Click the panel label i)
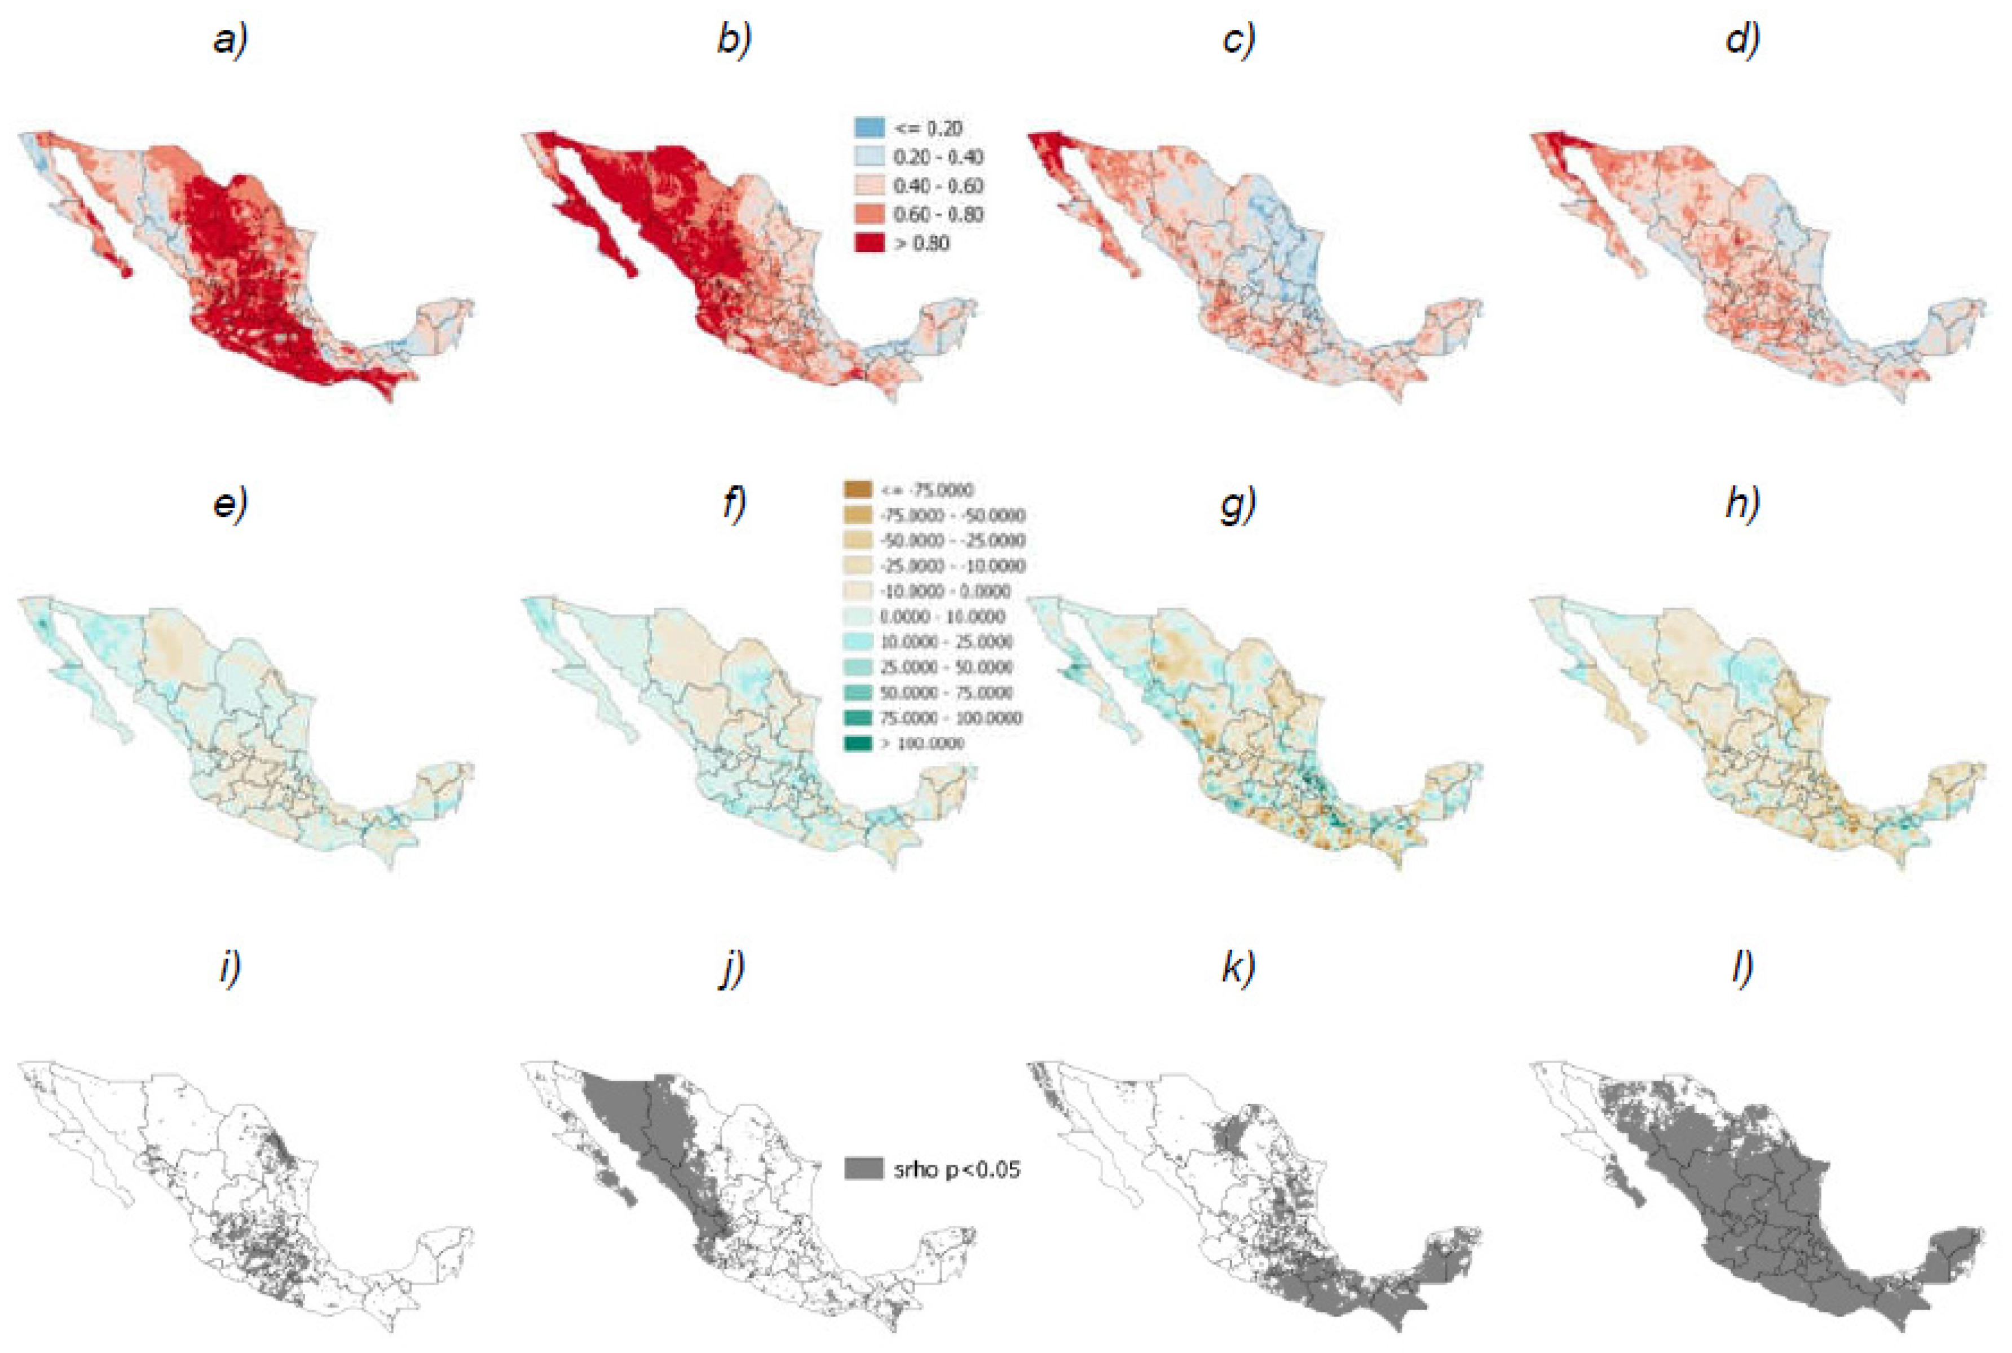(x=230, y=969)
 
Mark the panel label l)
(x=1742, y=969)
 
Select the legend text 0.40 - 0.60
(x=938, y=185)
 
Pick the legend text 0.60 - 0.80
(x=938, y=214)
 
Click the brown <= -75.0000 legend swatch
(x=858, y=490)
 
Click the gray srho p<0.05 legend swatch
(x=863, y=1169)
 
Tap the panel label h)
(x=1742, y=504)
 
